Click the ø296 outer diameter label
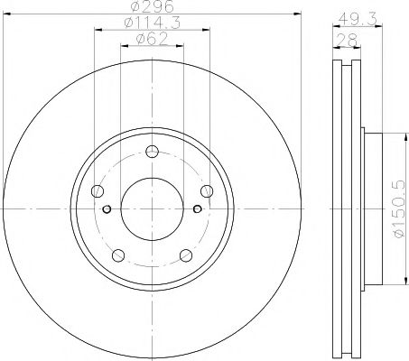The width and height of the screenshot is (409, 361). click(152, 10)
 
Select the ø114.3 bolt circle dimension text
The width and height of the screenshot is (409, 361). click(152, 23)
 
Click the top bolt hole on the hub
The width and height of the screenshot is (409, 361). click(152, 152)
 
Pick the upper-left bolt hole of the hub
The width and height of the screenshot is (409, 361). click(97, 190)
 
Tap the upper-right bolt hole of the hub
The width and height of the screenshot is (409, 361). click(207, 190)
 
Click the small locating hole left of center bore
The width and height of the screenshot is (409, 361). click(107, 210)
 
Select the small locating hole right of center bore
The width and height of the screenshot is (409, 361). click(197, 210)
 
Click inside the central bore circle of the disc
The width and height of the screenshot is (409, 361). click(152, 209)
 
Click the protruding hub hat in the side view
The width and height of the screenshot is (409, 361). click(373, 209)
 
